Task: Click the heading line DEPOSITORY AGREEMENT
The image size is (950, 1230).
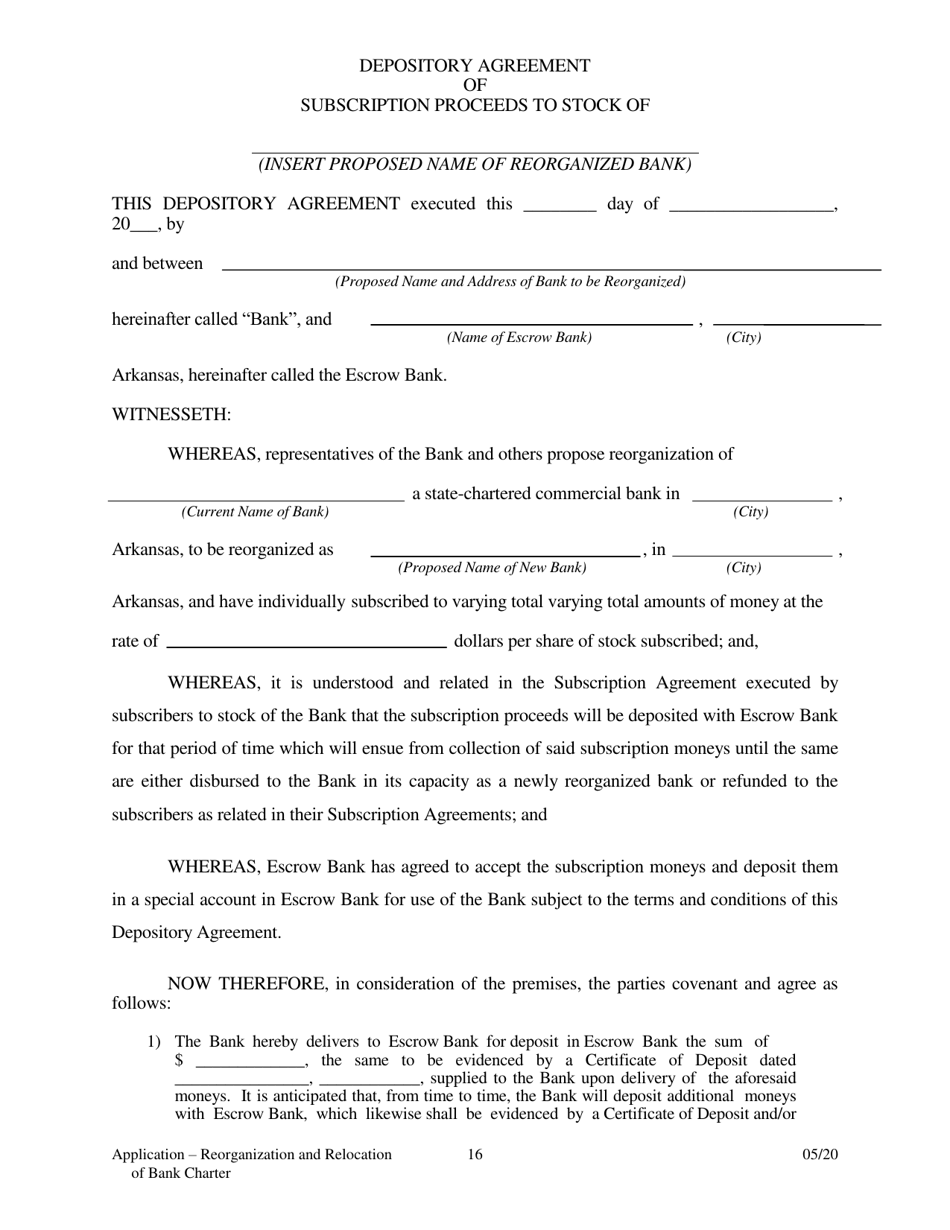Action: tap(475, 66)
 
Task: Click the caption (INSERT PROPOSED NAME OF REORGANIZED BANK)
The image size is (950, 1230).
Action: tap(475, 165)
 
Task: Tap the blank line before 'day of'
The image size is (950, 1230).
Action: tap(559, 210)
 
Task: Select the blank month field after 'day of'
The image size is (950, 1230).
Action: tap(750, 210)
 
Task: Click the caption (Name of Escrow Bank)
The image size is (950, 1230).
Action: tap(519, 338)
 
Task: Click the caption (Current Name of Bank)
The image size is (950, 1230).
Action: tap(255, 512)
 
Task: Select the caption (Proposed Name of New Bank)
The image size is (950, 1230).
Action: tap(492, 568)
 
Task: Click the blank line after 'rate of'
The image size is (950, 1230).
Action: tap(305, 646)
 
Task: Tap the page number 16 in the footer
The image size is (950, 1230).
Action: tap(475, 1155)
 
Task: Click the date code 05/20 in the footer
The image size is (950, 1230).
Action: tap(820, 1155)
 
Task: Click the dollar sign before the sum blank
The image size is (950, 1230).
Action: tap(179, 1061)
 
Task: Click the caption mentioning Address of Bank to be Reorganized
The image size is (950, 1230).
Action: tap(510, 282)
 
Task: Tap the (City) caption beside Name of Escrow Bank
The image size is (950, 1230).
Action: tap(743, 338)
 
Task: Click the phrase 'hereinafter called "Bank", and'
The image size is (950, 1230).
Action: tap(222, 320)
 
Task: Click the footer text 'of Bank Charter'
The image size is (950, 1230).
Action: tap(181, 1173)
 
